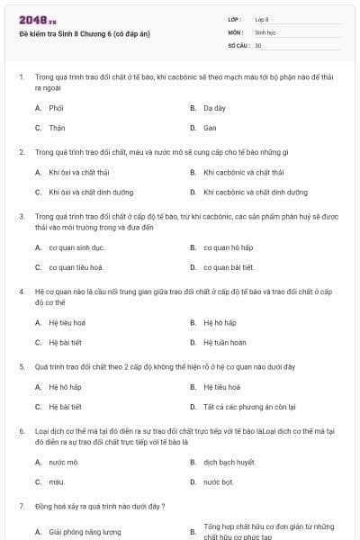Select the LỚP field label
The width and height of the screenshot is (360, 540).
tap(235, 19)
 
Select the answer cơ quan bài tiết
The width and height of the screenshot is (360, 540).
tap(229, 267)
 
